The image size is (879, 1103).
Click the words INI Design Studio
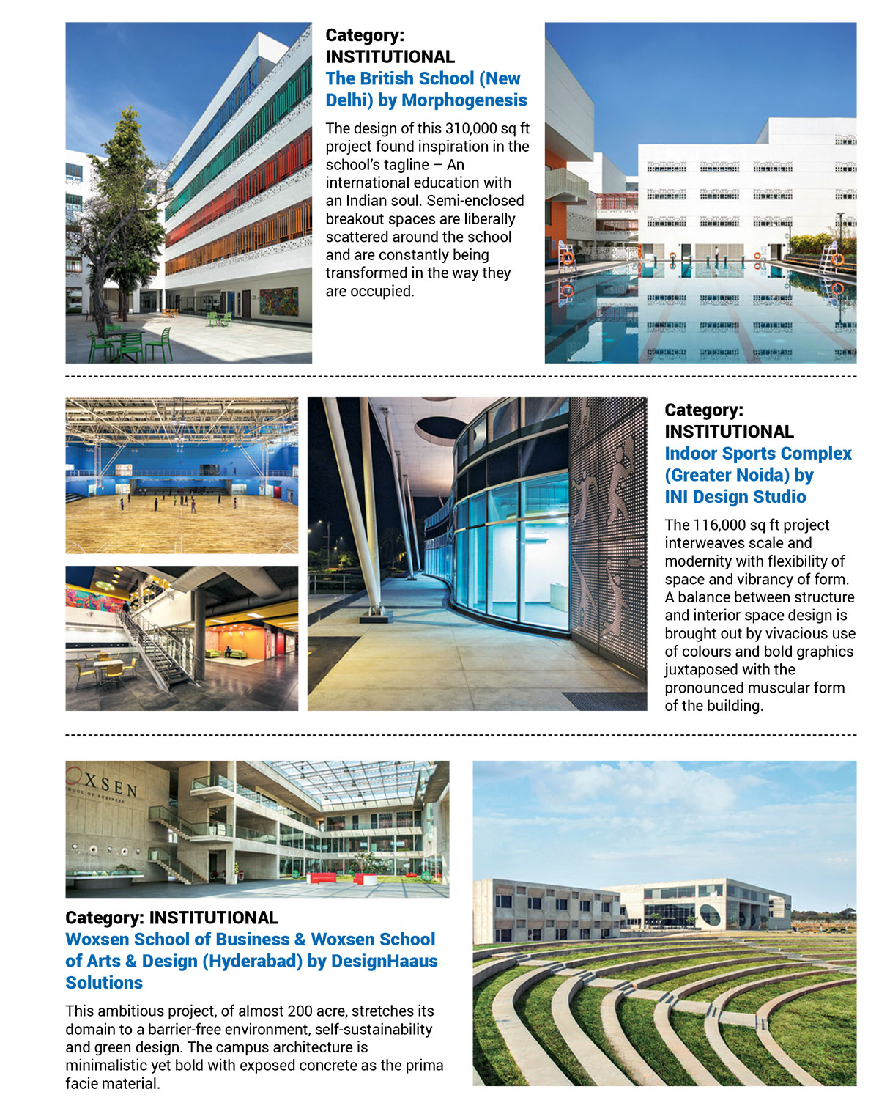click(x=735, y=497)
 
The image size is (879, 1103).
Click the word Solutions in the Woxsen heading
click(x=104, y=984)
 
